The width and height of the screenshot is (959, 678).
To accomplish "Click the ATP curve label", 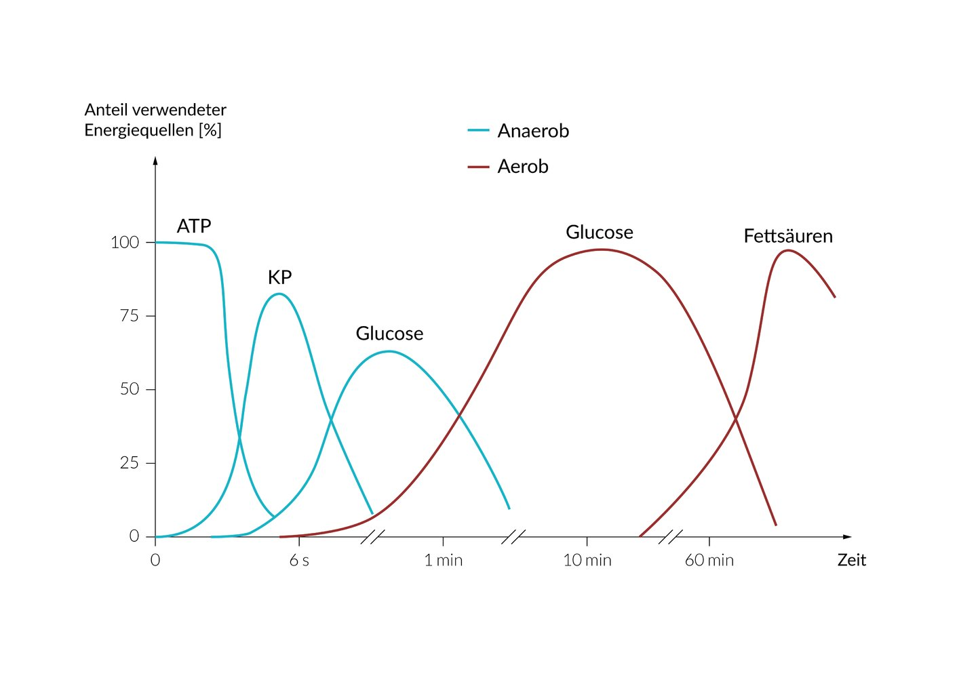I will [194, 226].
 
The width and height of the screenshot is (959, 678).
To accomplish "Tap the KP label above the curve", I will [279, 277].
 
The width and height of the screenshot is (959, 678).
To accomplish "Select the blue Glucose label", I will [389, 334].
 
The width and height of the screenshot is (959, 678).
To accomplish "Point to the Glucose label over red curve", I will [599, 233].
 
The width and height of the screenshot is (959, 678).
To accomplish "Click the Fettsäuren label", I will [787, 237].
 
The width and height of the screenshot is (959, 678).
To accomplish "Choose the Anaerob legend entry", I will [532, 131].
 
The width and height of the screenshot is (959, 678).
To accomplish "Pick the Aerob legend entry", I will [522, 167].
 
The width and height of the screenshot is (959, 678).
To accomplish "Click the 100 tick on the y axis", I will [125, 243].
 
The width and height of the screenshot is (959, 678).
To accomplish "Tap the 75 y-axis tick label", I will [129, 316].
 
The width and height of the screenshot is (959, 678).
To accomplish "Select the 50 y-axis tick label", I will [129, 389].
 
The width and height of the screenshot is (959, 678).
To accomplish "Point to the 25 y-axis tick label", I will [129, 463].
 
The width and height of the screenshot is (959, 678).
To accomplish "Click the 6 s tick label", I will [299, 561].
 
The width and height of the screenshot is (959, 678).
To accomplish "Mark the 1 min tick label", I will [444, 561].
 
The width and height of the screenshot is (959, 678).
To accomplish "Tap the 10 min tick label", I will [587, 561].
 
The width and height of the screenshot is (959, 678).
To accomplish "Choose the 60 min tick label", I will [709, 561].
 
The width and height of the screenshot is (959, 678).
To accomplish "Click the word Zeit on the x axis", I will [851, 561].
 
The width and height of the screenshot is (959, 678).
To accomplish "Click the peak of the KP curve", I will [279, 294].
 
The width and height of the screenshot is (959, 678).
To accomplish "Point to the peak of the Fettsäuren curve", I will [787, 250].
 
